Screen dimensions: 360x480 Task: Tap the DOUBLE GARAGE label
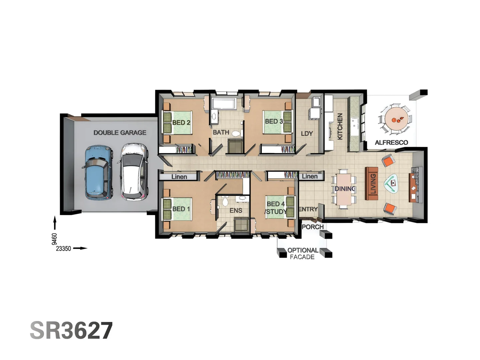click(120, 133)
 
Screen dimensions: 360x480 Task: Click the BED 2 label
click(181, 123)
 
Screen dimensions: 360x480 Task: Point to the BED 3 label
click(274, 122)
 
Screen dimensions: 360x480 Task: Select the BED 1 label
click(181, 209)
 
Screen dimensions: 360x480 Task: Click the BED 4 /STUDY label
click(276, 208)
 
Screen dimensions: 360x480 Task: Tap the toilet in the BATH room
click(236, 134)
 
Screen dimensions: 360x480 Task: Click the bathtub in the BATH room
click(224, 104)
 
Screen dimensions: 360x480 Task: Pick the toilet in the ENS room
click(225, 201)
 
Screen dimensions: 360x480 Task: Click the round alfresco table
click(396, 119)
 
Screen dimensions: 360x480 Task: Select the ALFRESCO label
click(391, 143)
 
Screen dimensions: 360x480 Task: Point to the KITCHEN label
click(340, 126)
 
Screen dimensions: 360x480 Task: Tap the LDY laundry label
click(307, 134)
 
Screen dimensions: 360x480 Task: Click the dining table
click(344, 189)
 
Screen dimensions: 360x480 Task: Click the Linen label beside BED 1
click(179, 177)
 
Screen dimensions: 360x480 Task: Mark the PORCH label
click(312, 227)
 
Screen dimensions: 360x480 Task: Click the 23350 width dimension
click(63, 249)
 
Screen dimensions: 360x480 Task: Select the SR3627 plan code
click(71, 331)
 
